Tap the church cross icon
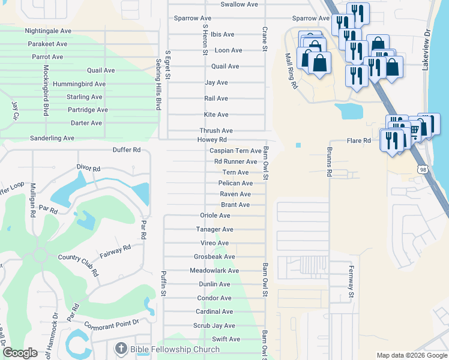(x=120, y=349)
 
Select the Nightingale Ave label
(x=47, y=31)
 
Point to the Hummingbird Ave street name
(x=79, y=85)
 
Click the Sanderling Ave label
(x=52, y=138)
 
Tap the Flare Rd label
(x=359, y=141)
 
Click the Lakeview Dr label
(x=426, y=50)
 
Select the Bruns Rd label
(x=329, y=162)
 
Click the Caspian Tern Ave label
(x=235, y=151)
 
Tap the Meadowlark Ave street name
(x=214, y=271)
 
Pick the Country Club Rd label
(x=79, y=265)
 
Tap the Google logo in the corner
(x=20, y=353)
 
